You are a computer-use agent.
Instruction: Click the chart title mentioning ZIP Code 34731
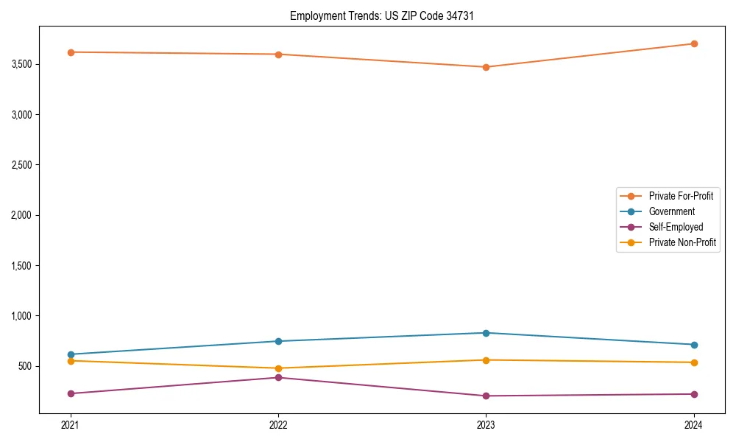pos(381,15)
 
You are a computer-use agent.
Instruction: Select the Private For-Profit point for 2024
pos(693,43)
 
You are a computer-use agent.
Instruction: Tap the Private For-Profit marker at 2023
pos(486,67)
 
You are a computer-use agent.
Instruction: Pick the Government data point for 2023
pos(486,333)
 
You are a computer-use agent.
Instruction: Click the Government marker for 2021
pos(71,354)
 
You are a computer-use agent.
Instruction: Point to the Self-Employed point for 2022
pos(278,378)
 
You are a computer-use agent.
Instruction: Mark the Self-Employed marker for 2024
pos(693,394)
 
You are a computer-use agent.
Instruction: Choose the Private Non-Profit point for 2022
pos(278,368)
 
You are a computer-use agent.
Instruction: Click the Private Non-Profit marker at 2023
pos(486,360)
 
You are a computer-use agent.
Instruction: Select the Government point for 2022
pos(278,341)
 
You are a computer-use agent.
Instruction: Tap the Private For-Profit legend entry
pos(680,196)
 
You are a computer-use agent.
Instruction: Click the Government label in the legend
pos(671,211)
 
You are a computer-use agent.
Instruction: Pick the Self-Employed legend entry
pos(676,227)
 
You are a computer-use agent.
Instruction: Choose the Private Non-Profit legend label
pos(682,242)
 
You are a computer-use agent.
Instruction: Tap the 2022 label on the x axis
pos(278,425)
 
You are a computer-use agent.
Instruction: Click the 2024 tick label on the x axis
pos(693,425)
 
